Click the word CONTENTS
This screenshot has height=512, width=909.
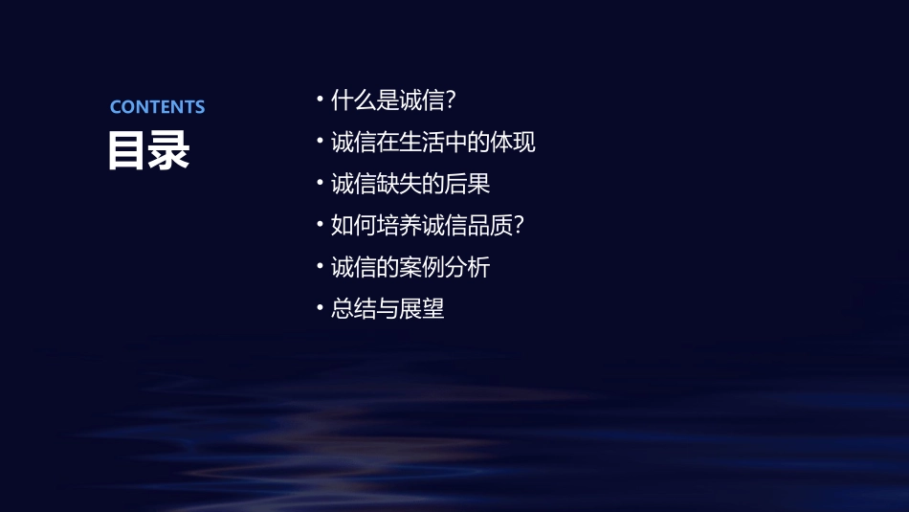tap(157, 107)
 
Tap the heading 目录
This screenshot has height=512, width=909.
tap(148, 151)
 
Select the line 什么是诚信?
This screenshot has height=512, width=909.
tap(392, 100)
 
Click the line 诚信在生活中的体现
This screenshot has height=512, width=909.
tap(432, 143)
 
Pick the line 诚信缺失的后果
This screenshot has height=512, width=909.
tap(410, 184)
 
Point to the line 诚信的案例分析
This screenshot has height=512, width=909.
tap(410, 267)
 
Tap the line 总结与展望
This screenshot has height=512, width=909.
tap(388, 309)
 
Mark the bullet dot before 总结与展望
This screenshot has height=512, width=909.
tap(320, 307)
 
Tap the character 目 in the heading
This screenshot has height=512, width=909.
tap(127, 151)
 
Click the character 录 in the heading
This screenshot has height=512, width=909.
tap(169, 151)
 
